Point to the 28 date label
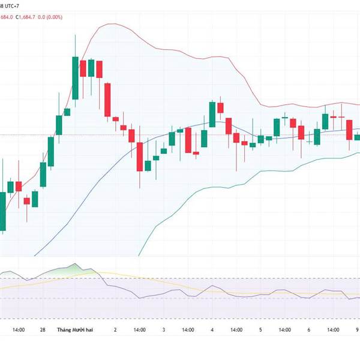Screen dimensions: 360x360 click(43, 329)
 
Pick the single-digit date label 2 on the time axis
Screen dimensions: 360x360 click(115, 329)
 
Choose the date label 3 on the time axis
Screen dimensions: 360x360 click(164, 329)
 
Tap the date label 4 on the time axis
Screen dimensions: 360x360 click(212, 329)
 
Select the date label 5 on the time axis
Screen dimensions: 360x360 click(260, 329)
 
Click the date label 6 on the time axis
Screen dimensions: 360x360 click(308, 329)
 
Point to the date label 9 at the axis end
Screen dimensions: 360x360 click(357, 329)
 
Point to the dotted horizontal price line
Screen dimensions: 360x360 click(24, 134)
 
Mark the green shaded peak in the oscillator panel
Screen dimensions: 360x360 click(74, 268)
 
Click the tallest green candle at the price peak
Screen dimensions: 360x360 click(75, 78)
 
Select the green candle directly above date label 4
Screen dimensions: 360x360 click(212, 114)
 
